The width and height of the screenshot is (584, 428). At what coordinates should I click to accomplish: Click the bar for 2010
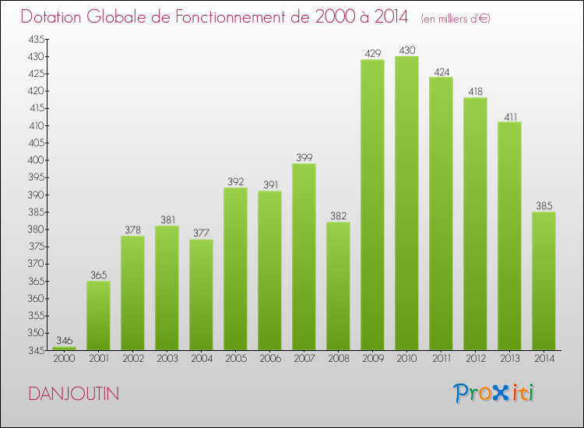(406, 203)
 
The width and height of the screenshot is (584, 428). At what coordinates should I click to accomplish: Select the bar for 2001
(98, 315)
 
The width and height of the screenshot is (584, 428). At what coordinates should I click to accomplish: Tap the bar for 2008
(338, 286)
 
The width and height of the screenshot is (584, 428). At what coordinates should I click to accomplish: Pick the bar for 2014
(544, 281)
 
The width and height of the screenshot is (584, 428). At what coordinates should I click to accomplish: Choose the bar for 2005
(235, 268)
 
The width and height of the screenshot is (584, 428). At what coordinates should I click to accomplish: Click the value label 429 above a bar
(372, 53)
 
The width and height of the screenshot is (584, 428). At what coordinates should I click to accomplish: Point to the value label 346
(64, 341)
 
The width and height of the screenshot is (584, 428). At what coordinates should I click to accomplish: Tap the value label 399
(304, 157)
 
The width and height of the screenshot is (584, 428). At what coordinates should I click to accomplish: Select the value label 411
(509, 116)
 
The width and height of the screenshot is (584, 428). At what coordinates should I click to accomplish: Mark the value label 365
(98, 275)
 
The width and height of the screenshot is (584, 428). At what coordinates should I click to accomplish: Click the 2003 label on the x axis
(167, 359)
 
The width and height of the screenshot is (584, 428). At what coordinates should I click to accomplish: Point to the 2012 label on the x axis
(475, 359)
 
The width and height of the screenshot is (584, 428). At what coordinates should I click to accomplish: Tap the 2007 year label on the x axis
(304, 359)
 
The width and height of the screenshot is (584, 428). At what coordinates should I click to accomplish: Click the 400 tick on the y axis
(37, 160)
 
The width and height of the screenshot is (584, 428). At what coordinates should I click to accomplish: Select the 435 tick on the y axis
(37, 39)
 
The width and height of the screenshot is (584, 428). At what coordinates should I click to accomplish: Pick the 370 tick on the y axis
(37, 264)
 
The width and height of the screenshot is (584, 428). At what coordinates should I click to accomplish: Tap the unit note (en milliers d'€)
(456, 18)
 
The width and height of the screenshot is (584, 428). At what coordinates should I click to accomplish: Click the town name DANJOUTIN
(73, 394)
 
